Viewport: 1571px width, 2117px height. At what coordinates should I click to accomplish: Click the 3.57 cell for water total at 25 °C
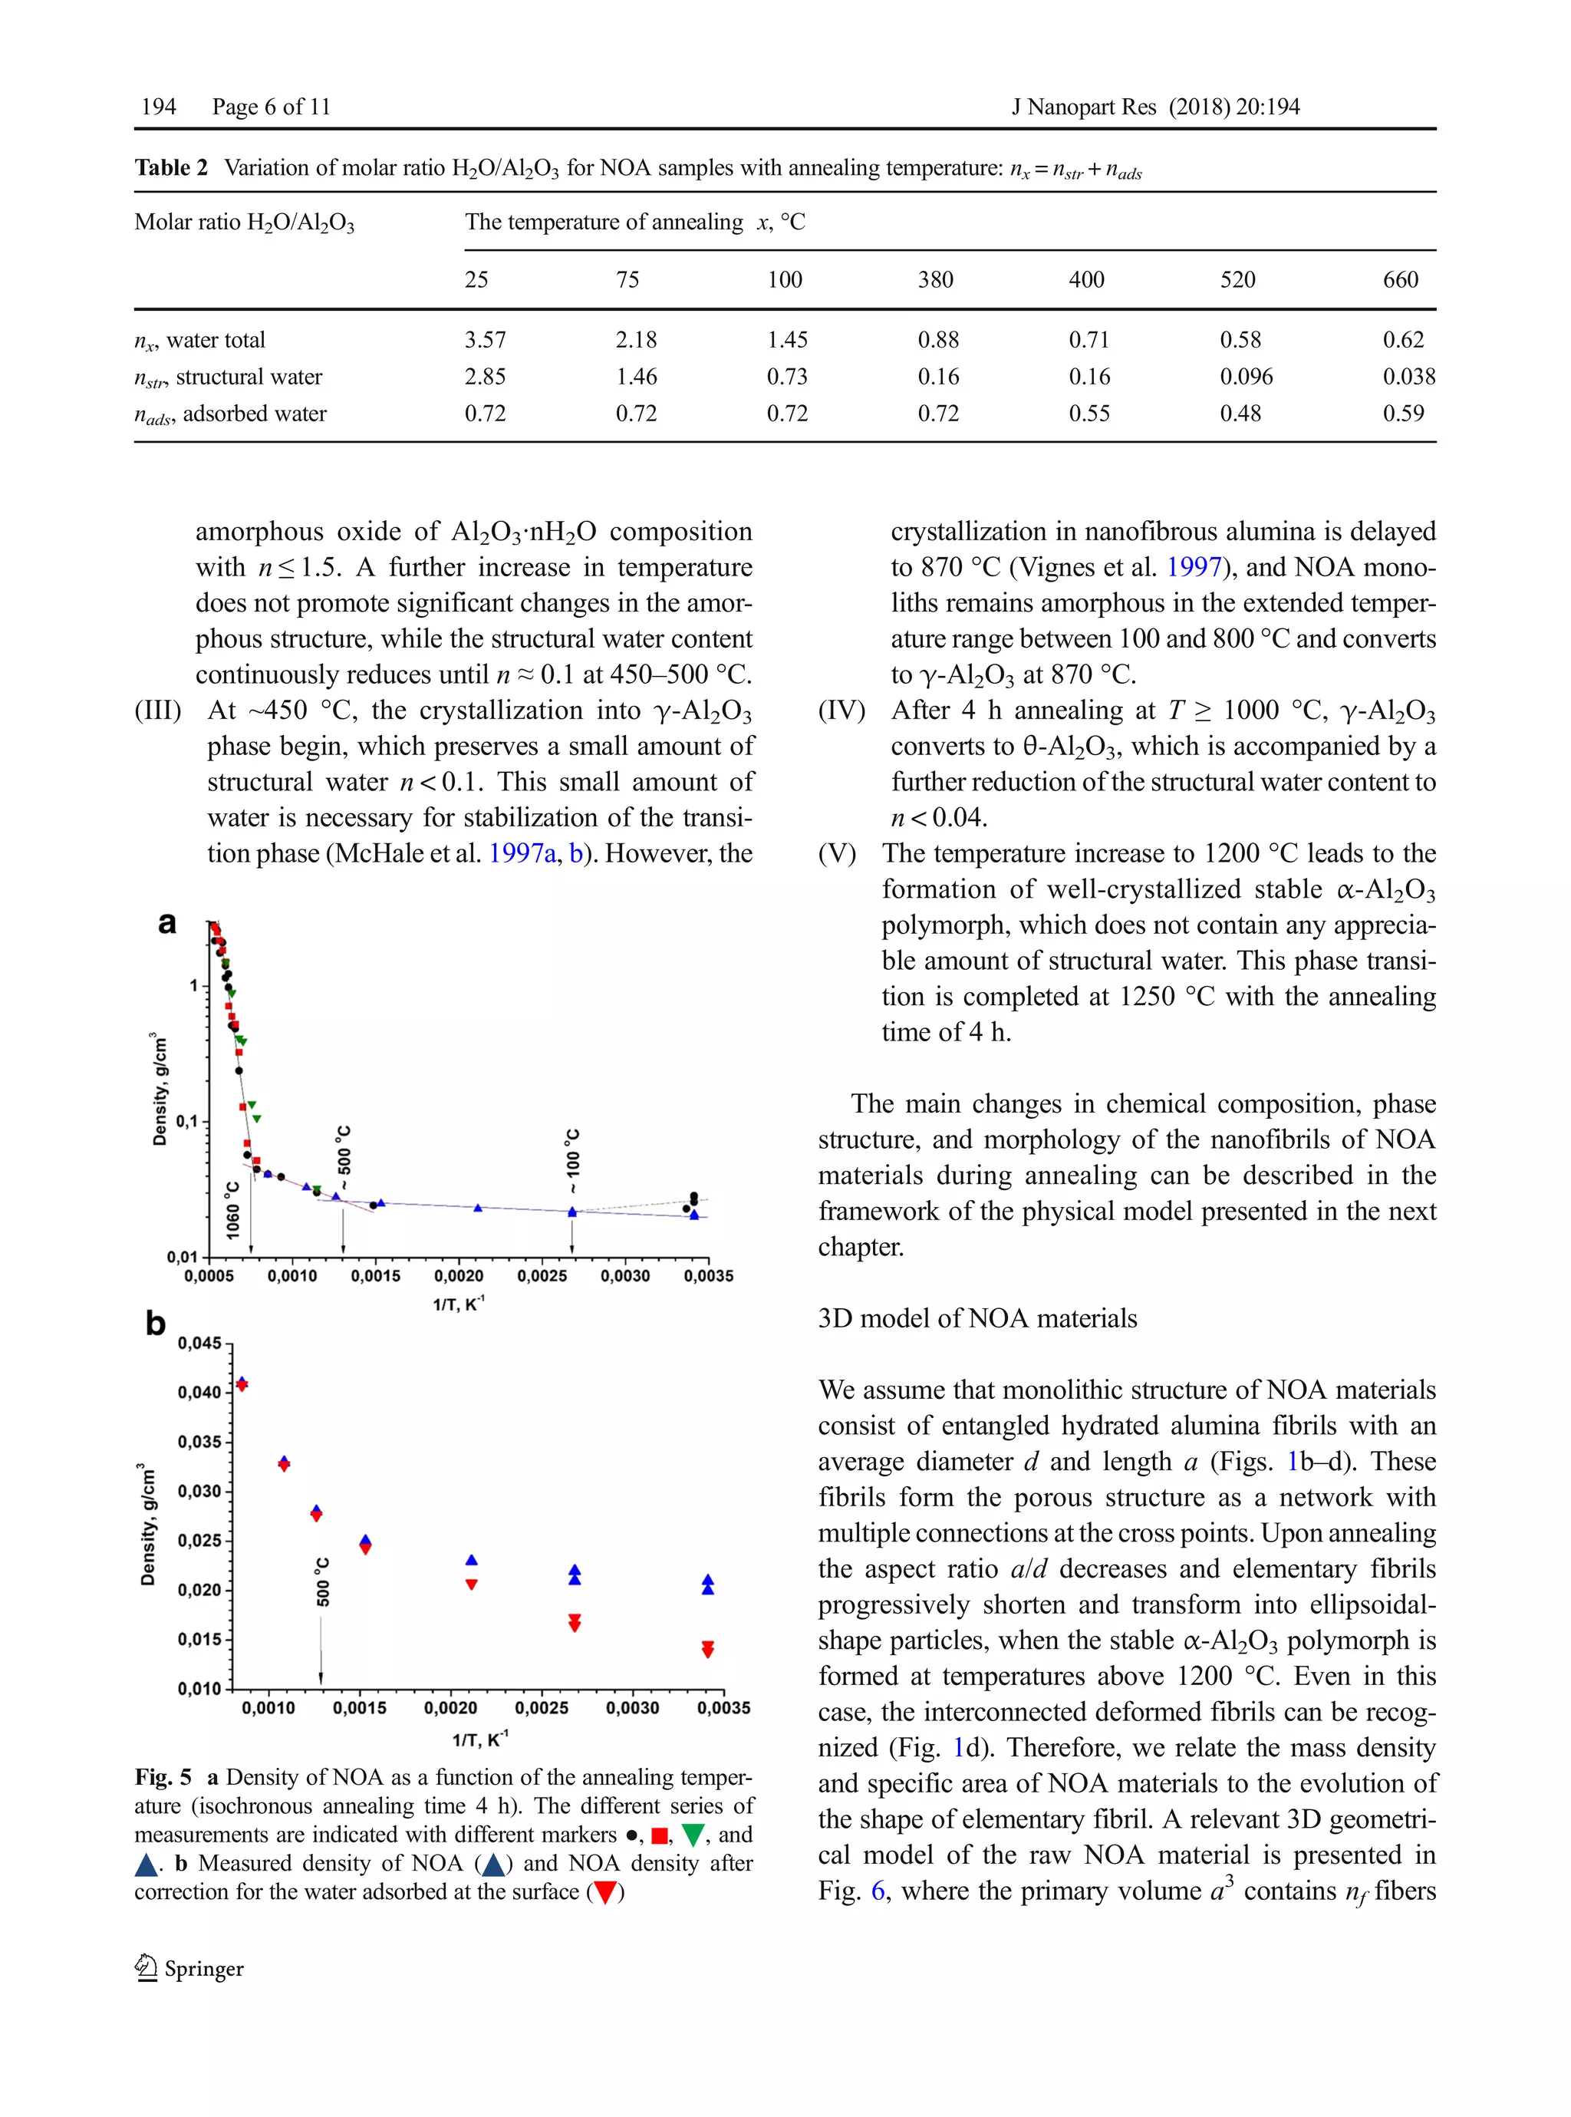click(485, 339)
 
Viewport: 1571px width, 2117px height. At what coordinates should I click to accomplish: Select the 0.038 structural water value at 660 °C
click(1408, 377)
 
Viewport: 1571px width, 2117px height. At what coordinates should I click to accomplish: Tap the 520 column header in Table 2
click(1237, 279)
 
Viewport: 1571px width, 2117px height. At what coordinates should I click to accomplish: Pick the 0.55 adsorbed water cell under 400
click(1089, 414)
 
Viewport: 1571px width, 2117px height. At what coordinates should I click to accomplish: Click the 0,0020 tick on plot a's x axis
click(459, 1276)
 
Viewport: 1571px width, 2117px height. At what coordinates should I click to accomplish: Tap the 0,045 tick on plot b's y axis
click(199, 1343)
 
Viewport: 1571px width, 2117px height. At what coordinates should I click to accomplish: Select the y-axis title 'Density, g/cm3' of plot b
click(147, 1524)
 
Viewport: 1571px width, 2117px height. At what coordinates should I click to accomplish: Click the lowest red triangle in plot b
click(707, 1650)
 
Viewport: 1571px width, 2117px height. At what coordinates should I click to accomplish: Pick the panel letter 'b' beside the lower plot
click(155, 1323)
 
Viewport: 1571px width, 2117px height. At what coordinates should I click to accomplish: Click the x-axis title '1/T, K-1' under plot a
click(459, 1303)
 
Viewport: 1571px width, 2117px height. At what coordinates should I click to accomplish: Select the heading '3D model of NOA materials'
click(977, 1318)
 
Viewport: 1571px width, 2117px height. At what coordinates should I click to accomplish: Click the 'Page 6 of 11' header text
click(271, 107)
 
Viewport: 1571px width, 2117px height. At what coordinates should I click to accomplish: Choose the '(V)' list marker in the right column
click(837, 853)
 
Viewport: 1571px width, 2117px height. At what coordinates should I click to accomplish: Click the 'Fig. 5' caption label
click(163, 1776)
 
